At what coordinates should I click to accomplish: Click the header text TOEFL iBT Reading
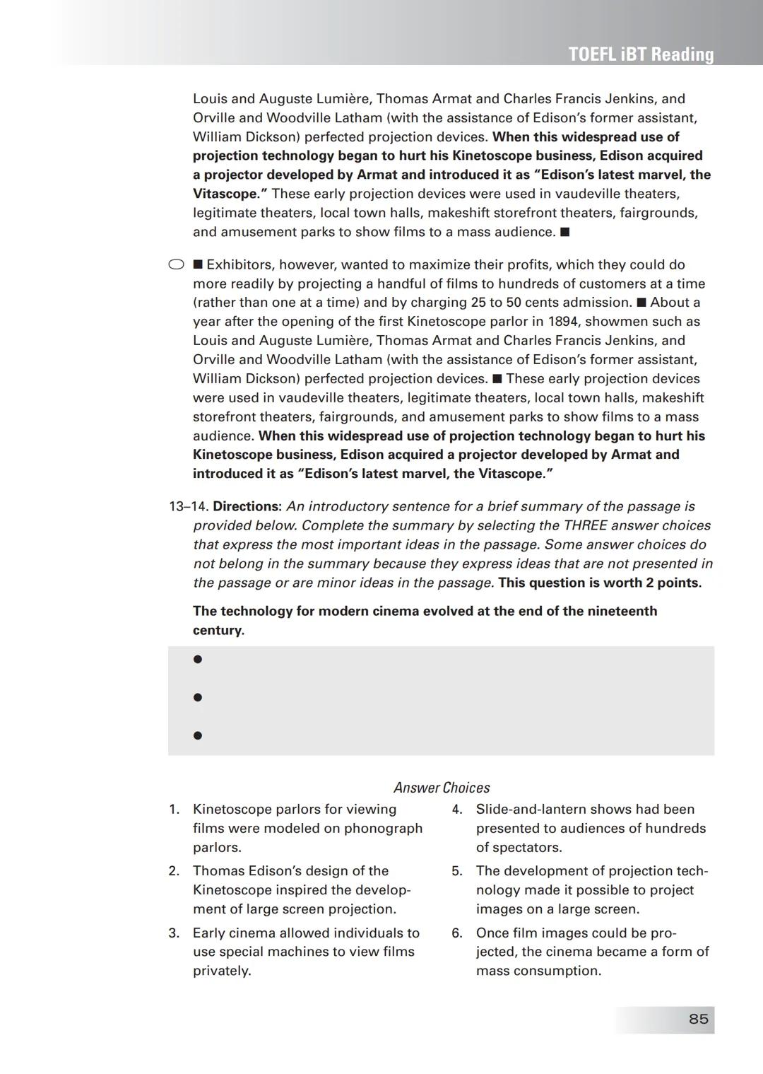coord(641,54)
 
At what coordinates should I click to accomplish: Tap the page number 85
coord(698,1019)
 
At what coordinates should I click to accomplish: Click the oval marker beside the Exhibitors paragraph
coord(176,264)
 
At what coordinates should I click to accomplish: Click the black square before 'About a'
coord(641,303)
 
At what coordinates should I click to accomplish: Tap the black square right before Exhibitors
coord(198,264)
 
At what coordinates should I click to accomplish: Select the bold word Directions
coord(247,506)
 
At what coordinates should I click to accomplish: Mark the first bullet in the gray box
coord(198,659)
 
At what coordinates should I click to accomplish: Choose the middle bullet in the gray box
coord(198,697)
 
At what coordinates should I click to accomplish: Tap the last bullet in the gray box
coord(198,735)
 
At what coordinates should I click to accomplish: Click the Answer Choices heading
coord(442,788)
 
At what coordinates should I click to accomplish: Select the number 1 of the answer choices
coord(174,810)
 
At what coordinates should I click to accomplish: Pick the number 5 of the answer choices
coord(457,871)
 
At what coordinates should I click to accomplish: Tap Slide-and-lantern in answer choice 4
coord(532,810)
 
